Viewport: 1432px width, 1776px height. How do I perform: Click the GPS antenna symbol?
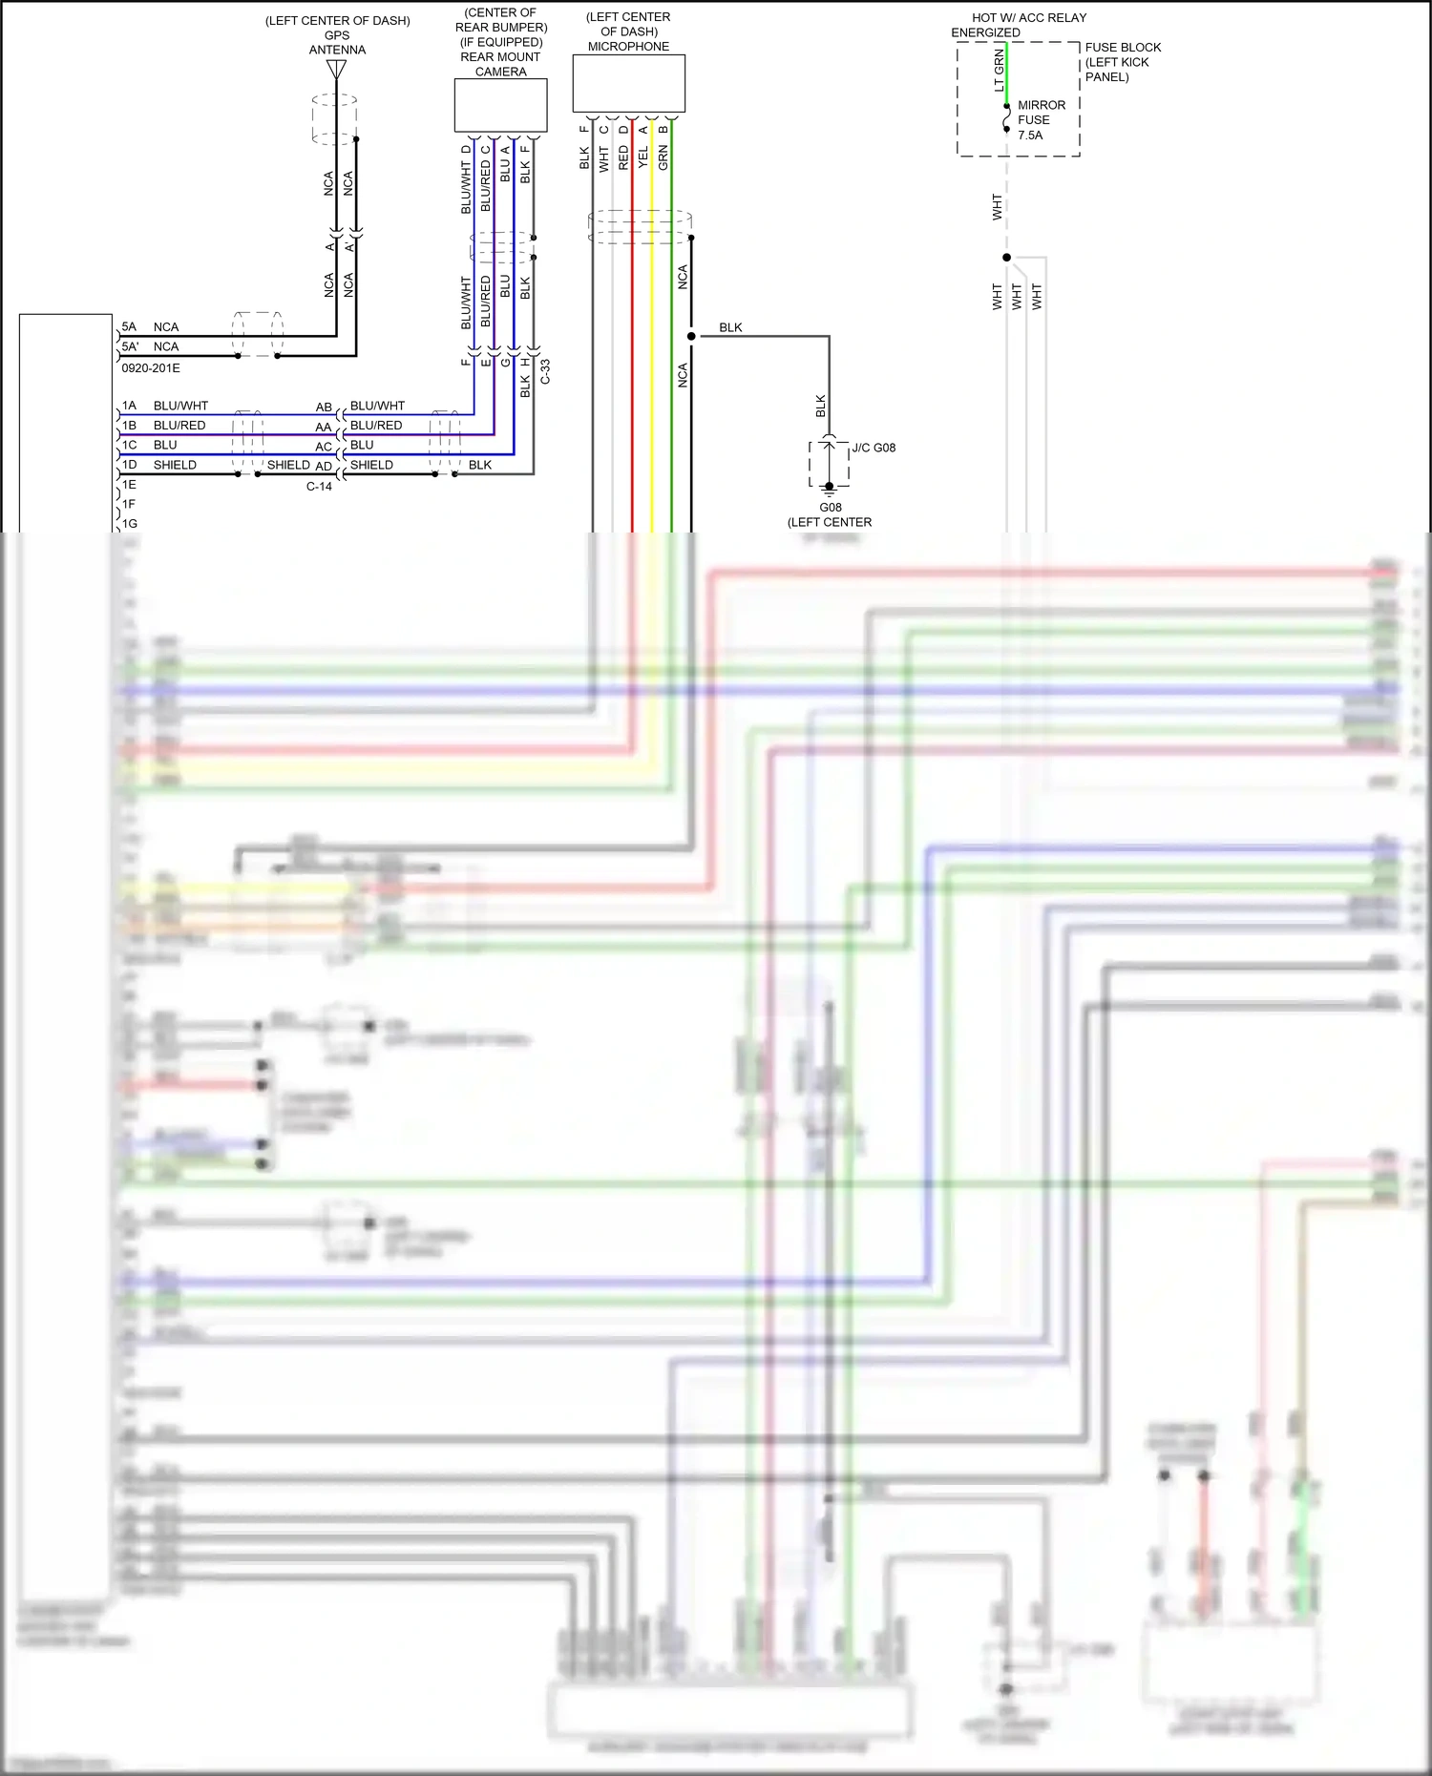point(336,70)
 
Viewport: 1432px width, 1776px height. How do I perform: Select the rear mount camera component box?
point(500,105)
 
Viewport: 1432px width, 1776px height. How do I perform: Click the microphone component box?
point(628,83)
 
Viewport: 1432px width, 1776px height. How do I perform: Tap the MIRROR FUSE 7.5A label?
point(1041,120)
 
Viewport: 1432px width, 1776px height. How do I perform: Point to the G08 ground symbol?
point(829,490)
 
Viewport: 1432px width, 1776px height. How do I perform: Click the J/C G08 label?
point(874,448)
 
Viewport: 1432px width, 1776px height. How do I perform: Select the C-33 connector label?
point(545,371)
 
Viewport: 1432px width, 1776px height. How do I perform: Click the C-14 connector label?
point(319,487)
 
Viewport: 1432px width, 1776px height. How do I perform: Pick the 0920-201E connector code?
point(151,368)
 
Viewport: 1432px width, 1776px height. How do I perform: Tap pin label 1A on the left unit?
point(129,406)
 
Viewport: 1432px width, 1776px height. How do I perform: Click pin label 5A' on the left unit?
point(130,346)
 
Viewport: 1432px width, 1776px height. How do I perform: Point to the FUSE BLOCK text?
point(1123,48)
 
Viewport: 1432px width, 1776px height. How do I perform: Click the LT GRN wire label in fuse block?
point(1000,71)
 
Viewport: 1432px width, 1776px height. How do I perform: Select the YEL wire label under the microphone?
point(642,157)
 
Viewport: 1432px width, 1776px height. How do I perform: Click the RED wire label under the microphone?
point(623,157)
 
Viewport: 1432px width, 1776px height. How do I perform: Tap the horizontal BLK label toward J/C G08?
point(730,327)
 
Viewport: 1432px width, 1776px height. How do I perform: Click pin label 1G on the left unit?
point(129,524)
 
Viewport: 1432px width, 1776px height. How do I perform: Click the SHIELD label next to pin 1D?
point(175,465)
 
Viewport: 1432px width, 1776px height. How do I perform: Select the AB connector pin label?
point(324,407)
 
